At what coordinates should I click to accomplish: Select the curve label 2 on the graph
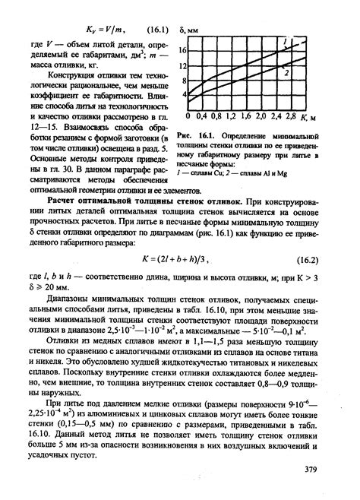pos(286,73)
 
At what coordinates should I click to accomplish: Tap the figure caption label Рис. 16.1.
pos(197,134)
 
